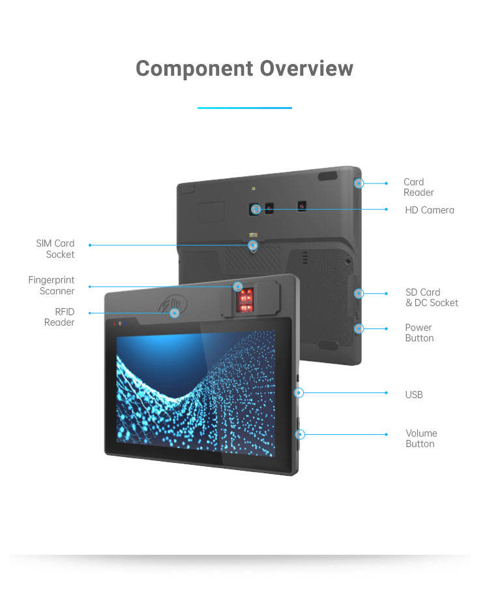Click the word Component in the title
(x=194, y=69)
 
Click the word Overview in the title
(x=306, y=69)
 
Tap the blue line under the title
(x=244, y=108)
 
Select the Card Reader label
(x=418, y=187)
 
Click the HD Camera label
(x=429, y=210)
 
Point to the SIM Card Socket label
(x=55, y=249)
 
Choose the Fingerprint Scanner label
(x=52, y=285)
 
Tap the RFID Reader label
(x=59, y=317)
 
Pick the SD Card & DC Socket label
(x=431, y=298)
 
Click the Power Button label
(x=419, y=333)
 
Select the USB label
(x=414, y=394)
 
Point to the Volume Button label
(x=421, y=439)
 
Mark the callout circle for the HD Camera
(x=256, y=210)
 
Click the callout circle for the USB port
(x=299, y=393)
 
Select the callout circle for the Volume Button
(x=301, y=434)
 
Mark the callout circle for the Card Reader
(x=359, y=183)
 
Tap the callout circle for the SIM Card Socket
(x=253, y=245)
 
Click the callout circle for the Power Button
(x=359, y=328)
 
